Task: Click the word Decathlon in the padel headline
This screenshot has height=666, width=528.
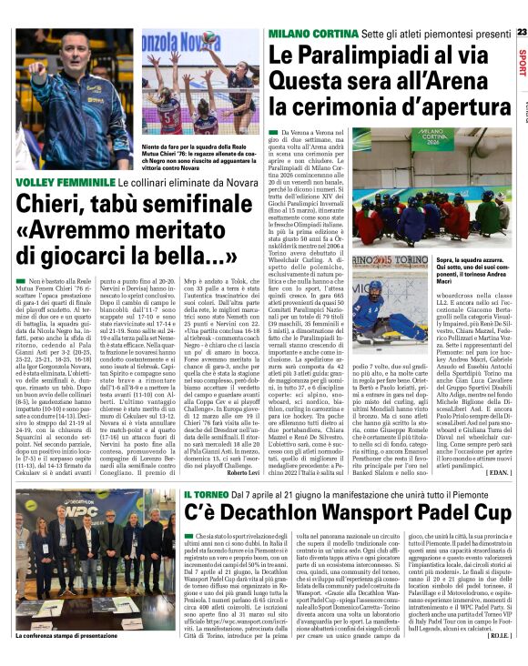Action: pyautogui.click(x=289, y=518)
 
